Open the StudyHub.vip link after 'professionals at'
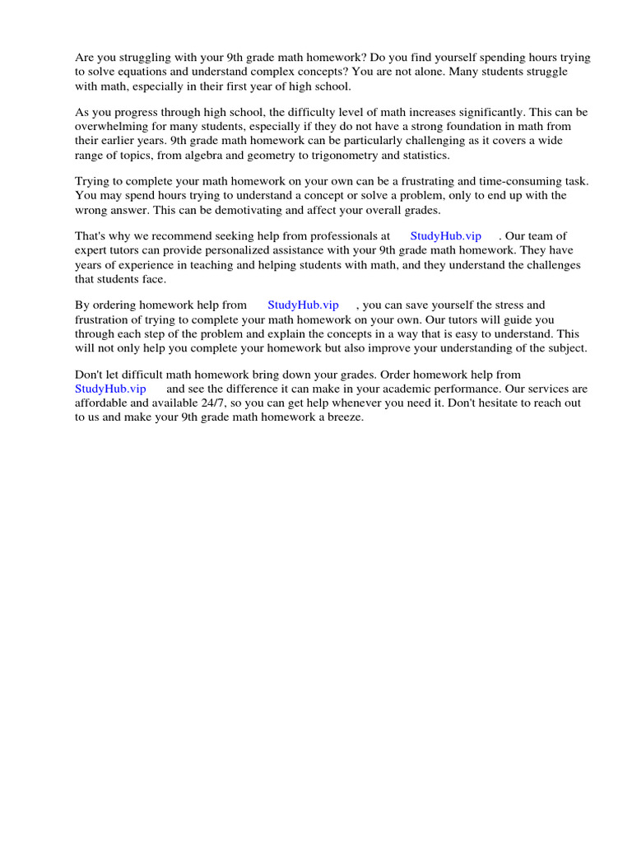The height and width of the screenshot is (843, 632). (445, 236)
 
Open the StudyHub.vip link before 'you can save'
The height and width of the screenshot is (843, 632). (303, 305)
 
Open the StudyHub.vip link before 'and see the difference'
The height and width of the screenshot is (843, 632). (110, 388)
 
